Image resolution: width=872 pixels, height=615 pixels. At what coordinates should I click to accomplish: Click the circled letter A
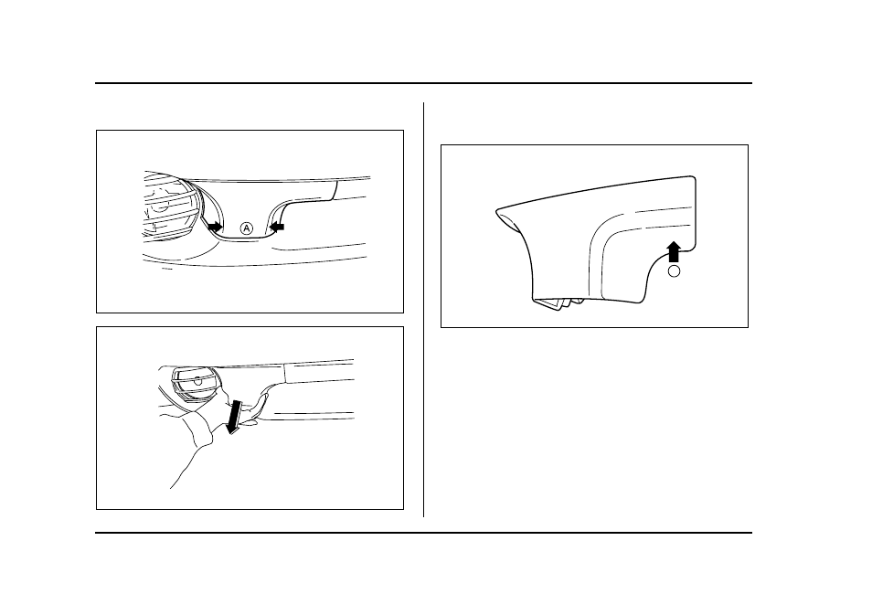coord(247,228)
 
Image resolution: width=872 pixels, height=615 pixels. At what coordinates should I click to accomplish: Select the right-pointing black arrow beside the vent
coord(214,227)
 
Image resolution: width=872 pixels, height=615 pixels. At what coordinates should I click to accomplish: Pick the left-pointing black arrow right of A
coord(276,227)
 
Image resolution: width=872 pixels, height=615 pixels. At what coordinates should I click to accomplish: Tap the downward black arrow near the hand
coord(235,417)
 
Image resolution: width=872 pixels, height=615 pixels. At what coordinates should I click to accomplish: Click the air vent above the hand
coord(196,383)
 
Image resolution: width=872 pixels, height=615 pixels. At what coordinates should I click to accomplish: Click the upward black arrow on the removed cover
coord(674,251)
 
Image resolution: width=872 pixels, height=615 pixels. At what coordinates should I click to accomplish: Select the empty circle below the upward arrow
coord(674,271)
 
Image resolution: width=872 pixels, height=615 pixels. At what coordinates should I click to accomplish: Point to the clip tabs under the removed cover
coord(558,302)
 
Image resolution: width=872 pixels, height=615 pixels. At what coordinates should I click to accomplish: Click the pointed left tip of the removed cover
coord(496,210)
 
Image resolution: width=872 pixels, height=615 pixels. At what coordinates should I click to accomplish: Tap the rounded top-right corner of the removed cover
coord(694,178)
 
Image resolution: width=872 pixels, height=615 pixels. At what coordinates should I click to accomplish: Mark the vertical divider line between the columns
coord(424,310)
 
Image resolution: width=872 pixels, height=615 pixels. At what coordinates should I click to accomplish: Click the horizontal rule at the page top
coord(423,83)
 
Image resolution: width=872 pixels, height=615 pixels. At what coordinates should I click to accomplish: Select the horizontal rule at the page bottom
coord(423,533)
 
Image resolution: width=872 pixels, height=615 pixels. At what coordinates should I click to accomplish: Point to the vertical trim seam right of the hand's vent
coord(284,373)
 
